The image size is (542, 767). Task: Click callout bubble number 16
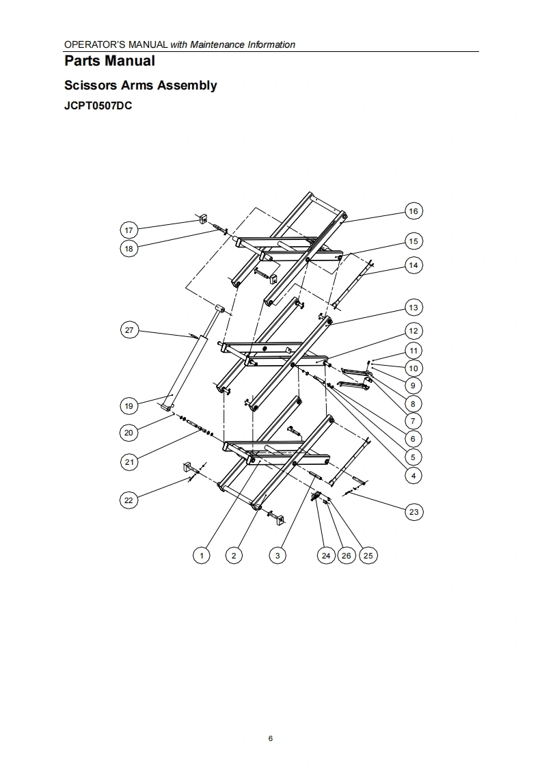pos(414,211)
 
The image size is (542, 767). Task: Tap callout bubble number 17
pos(128,230)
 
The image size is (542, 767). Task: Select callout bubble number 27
pos(128,330)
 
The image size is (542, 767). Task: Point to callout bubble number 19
pos(128,406)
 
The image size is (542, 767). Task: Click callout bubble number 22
pos(128,500)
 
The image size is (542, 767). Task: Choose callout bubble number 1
pos(202,555)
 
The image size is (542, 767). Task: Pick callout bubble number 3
pos(277,555)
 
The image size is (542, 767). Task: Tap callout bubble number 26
pos(347,555)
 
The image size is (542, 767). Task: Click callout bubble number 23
pos(414,511)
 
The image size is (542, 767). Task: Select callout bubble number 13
pos(414,308)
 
